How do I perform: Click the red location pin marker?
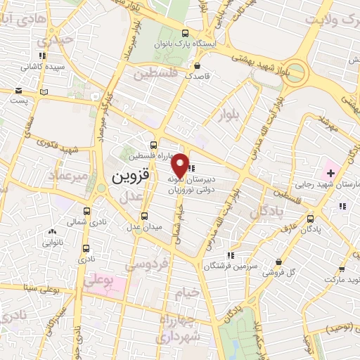coord(180,165)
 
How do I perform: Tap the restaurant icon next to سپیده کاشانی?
coord(43,56)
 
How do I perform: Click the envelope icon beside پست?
coord(44,91)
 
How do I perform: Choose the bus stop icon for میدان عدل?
coord(145,216)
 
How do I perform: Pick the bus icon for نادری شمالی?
coord(86,211)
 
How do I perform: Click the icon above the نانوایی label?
coord(51,231)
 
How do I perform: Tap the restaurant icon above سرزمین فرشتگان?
coord(230,255)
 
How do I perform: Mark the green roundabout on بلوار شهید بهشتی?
coord(295,71)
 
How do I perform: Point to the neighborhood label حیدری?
coord(58,40)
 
